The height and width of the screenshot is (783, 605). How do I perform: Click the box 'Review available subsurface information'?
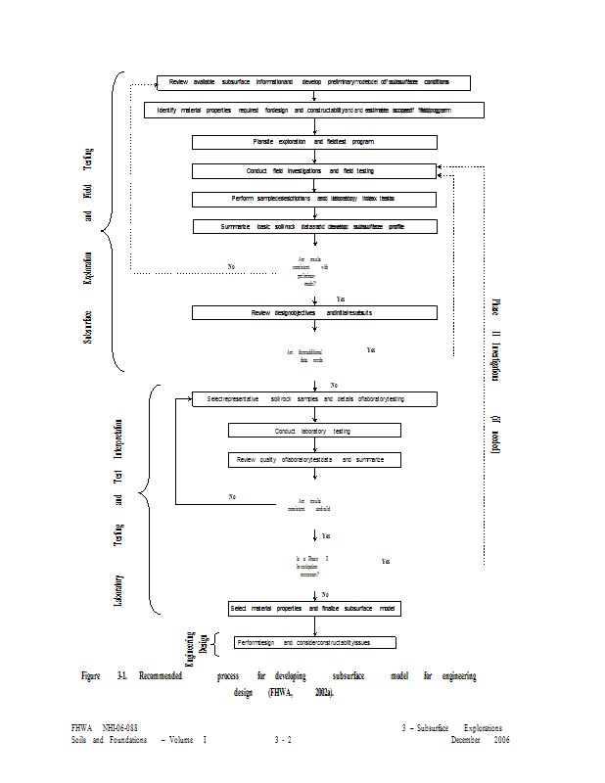pos(313,83)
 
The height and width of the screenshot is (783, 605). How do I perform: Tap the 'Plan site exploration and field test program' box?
pos(313,142)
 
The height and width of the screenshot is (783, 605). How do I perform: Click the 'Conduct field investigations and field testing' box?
pos(313,171)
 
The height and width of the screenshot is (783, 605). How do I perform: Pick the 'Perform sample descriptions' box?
pos(313,199)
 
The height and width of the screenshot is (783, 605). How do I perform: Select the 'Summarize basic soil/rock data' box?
pos(313,226)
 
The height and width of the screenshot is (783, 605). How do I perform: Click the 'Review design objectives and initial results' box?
pos(313,312)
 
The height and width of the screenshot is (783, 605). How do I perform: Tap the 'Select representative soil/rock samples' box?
pos(313,399)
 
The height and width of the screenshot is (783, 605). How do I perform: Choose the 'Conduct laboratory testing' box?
pos(313,430)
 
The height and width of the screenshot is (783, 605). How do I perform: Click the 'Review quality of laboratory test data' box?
pos(313,459)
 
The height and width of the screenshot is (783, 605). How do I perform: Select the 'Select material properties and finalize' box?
pos(313,608)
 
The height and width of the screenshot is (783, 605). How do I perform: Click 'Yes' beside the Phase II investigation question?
pos(386,562)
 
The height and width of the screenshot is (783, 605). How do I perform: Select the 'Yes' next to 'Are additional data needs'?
pos(371,349)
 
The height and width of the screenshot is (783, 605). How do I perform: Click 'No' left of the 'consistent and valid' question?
pos(233,497)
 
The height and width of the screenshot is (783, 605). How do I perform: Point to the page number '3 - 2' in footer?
pos(283,740)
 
